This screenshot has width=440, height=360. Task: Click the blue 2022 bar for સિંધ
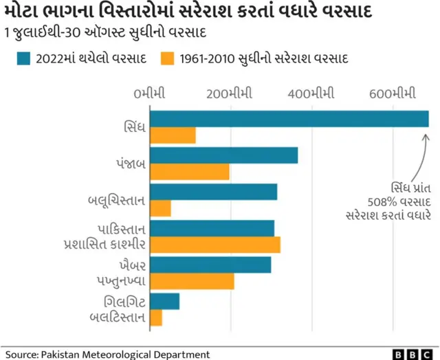(289, 119)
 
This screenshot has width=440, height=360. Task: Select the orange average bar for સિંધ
(173, 135)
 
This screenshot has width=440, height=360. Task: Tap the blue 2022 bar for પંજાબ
(223, 155)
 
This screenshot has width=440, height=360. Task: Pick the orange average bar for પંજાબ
(189, 172)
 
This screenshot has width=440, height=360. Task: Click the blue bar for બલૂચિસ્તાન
(213, 192)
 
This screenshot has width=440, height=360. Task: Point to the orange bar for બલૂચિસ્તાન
(160, 208)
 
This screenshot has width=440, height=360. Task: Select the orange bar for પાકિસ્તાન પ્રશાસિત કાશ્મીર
(214, 245)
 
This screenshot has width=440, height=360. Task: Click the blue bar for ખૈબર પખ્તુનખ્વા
(210, 265)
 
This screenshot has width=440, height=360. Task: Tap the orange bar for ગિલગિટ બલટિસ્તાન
(156, 317)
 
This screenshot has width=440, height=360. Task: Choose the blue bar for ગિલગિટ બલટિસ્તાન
(164, 301)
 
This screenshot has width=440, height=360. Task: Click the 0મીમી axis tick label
(150, 93)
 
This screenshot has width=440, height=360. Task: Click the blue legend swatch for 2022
(25, 58)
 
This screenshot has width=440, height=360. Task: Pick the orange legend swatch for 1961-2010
(167, 58)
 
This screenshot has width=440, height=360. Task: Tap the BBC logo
(412, 354)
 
